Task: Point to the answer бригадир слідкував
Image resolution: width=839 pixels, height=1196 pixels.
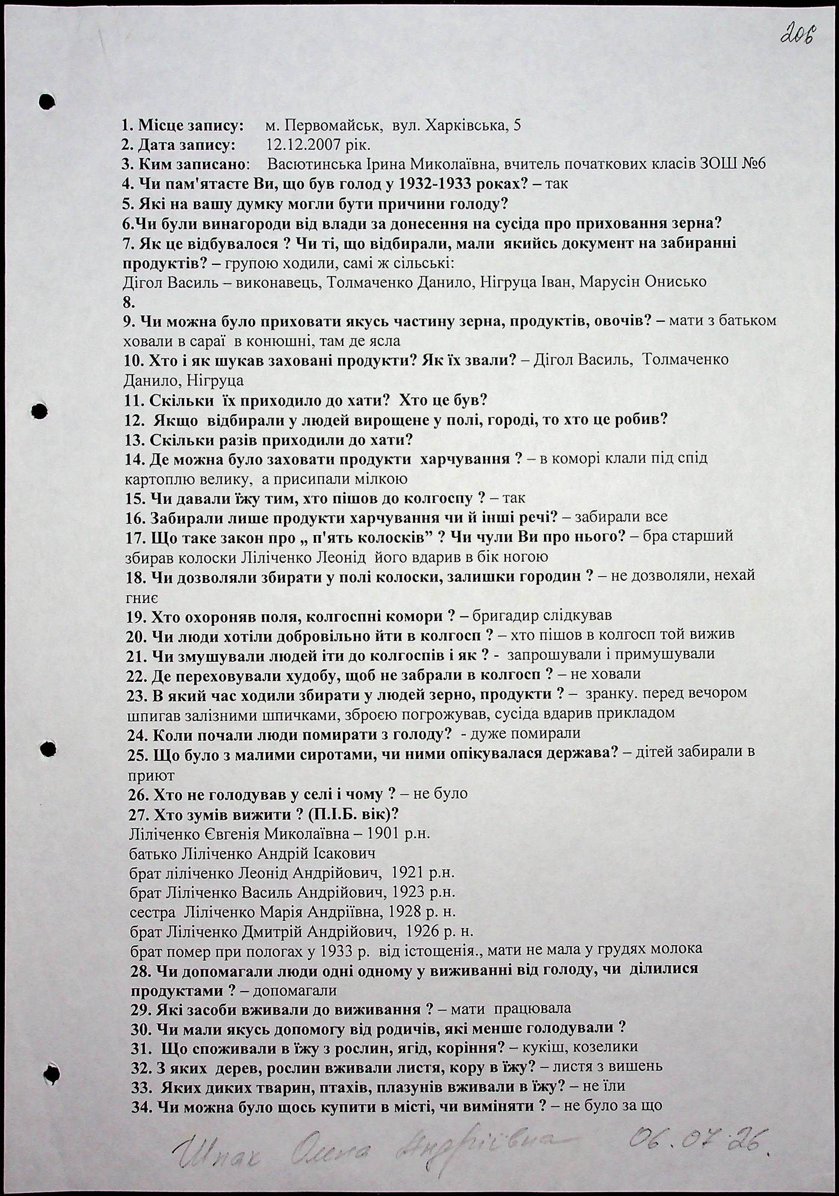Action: coord(541,615)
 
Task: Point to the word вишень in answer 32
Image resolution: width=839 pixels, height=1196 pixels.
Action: coord(639,1065)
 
